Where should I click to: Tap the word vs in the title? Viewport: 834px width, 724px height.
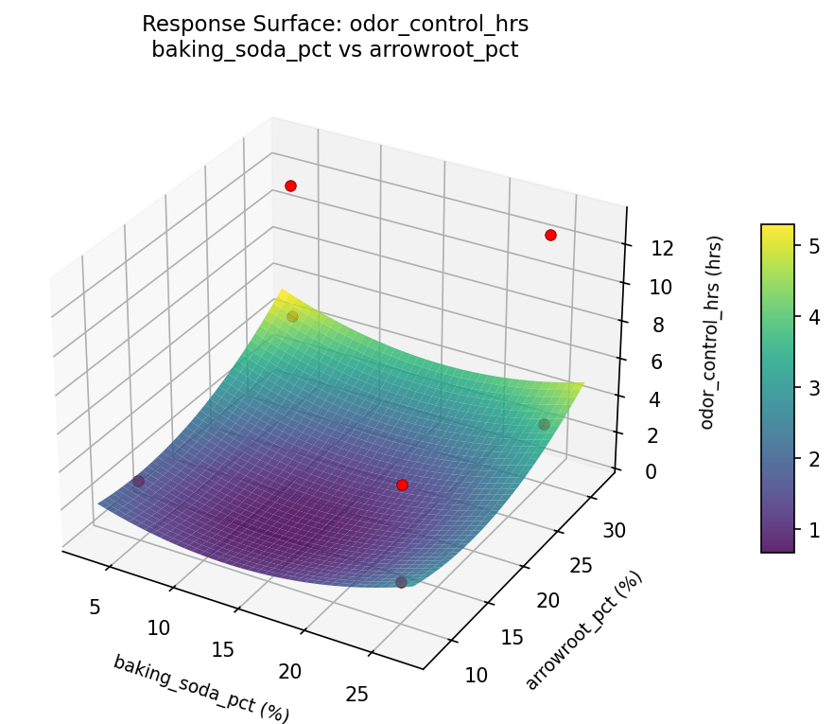(334, 50)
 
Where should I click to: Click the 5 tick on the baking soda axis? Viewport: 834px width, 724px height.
(95, 607)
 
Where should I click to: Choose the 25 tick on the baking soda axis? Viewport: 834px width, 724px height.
(357, 695)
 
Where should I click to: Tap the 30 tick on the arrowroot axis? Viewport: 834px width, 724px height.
(614, 530)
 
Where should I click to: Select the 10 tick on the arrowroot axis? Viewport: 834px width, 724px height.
(478, 674)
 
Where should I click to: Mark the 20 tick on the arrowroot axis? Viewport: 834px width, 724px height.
(548, 600)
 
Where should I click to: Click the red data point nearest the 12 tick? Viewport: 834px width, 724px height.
(550, 235)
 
